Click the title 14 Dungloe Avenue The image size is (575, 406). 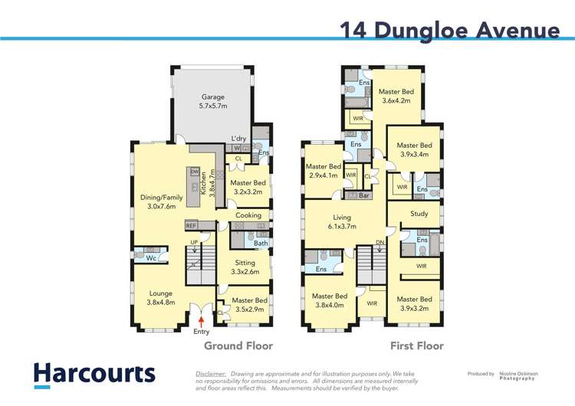(x=450, y=31)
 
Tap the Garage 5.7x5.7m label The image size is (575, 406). (x=212, y=103)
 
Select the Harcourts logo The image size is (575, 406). (x=94, y=374)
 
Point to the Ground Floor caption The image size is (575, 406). (x=238, y=346)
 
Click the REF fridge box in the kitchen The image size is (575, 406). (x=192, y=226)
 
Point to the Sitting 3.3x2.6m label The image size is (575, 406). (x=245, y=267)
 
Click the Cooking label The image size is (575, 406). (x=248, y=215)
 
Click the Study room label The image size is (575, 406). (x=419, y=214)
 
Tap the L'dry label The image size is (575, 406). (x=239, y=139)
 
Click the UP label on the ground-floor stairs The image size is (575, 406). (x=193, y=243)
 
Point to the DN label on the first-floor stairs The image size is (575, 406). (x=379, y=243)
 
